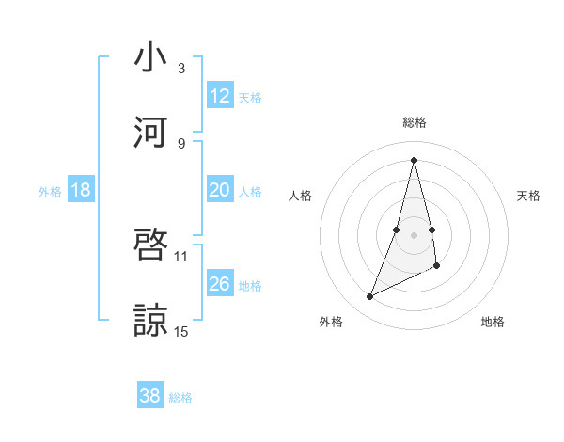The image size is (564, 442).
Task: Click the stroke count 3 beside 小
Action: click(x=181, y=69)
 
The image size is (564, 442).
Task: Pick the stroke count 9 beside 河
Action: click(x=181, y=143)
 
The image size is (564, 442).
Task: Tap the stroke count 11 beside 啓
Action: click(x=181, y=256)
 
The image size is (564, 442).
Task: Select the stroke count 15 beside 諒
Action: click(x=181, y=330)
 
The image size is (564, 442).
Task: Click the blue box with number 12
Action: click(x=220, y=96)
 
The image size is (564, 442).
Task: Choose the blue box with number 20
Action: click(x=220, y=190)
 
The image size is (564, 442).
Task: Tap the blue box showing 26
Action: click(x=220, y=284)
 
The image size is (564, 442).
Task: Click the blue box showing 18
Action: click(x=81, y=190)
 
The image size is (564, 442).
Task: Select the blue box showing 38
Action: click(x=150, y=396)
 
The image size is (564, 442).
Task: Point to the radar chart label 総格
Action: click(x=414, y=122)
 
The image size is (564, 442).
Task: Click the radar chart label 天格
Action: click(x=529, y=196)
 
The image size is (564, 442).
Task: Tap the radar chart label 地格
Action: click(x=493, y=322)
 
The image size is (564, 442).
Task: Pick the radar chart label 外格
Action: click(x=331, y=322)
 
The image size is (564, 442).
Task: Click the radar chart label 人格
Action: click(x=300, y=196)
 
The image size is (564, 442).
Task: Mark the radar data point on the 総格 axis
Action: click(x=414, y=160)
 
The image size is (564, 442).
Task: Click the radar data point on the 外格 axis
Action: click(x=369, y=297)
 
